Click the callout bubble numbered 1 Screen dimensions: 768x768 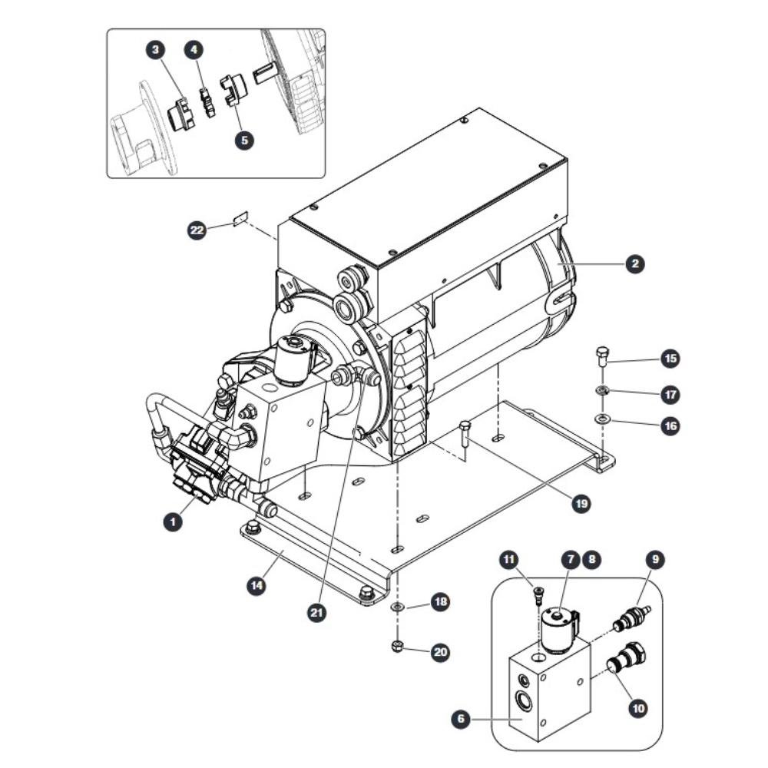pyautogui.click(x=172, y=521)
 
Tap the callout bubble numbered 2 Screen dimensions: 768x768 pyautogui.click(x=635, y=264)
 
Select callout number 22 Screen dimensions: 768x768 pyautogui.click(x=197, y=230)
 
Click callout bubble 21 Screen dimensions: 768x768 pyautogui.click(x=317, y=612)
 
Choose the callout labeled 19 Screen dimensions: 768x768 pyautogui.click(x=581, y=504)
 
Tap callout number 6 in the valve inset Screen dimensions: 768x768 pyautogui.click(x=460, y=719)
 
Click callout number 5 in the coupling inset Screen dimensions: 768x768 pyautogui.click(x=244, y=141)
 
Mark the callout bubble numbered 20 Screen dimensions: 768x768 pyautogui.click(x=440, y=652)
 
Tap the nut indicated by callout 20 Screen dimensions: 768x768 pyautogui.click(x=397, y=646)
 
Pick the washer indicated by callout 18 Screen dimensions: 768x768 pyautogui.click(x=397, y=607)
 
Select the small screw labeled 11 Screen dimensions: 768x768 pyautogui.click(x=538, y=598)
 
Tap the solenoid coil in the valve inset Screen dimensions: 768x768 pyautogui.click(x=560, y=630)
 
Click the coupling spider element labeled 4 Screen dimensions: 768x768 pyautogui.click(x=207, y=102)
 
